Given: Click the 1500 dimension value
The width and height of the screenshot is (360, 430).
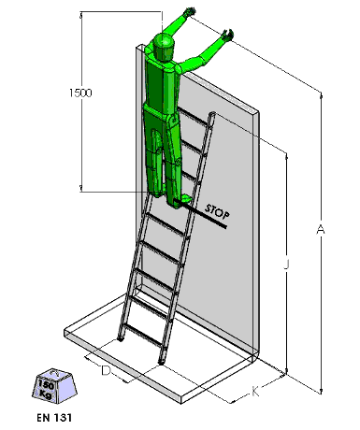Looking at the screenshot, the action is [80, 93].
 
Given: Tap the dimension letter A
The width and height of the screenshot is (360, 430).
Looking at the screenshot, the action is [321, 229].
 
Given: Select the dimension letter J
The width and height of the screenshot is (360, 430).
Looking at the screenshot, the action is [286, 264].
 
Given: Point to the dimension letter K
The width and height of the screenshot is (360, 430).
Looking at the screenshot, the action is [255, 392].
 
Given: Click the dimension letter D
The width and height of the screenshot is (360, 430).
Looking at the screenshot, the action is [106, 371].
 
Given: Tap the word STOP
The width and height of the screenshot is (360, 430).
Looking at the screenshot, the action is [217, 212].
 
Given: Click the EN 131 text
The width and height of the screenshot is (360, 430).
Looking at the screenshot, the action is [54, 418].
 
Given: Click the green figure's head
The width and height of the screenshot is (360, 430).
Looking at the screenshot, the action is [163, 46].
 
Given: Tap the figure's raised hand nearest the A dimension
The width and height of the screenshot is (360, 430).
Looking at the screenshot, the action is [227, 35].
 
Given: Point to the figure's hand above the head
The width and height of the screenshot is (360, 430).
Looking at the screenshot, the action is [190, 12].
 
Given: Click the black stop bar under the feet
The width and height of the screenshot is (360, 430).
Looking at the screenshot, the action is [200, 213].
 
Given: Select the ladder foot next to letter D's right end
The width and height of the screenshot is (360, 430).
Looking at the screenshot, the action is [161, 362].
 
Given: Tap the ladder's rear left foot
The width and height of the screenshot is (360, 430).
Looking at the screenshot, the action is [120, 338].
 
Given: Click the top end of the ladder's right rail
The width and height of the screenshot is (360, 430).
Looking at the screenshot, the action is [213, 113].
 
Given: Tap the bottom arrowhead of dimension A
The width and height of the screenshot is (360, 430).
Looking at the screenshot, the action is [321, 391].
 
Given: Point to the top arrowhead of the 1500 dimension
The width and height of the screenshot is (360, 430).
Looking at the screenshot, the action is [81, 14].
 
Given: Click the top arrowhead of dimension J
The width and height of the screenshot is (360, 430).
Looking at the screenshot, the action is [286, 155].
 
